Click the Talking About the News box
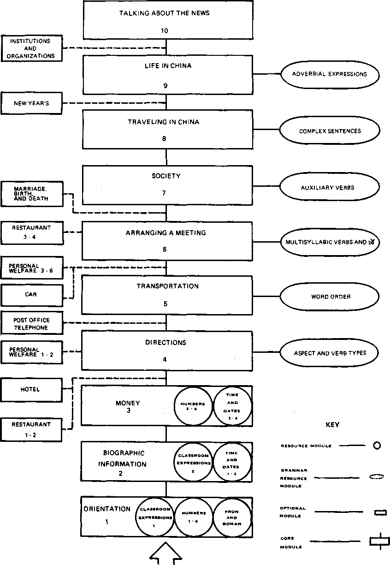pyautogui.click(x=165, y=21)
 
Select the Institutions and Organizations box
pyautogui.click(x=31, y=48)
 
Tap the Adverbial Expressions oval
pyautogui.click(x=329, y=74)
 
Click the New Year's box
pyautogui.click(x=31, y=103)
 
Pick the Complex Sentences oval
pyautogui.click(x=329, y=131)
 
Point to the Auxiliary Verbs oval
pyautogui.click(x=329, y=187)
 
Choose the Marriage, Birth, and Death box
pyautogui.click(x=31, y=194)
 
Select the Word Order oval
pyautogui.click(x=329, y=297)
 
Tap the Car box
pyautogui.click(x=31, y=294)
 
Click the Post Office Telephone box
pyautogui.click(x=31, y=324)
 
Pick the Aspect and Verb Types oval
pyautogui.click(x=329, y=353)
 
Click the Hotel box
pyautogui.click(x=31, y=389)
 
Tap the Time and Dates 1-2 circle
pyautogui.click(x=232, y=460)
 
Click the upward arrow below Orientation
pyautogui.click(x=165, y=553)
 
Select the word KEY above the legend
pyautogui.click(x=332, y=425)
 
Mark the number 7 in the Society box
pyautogui.click(x=164, y=193)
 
